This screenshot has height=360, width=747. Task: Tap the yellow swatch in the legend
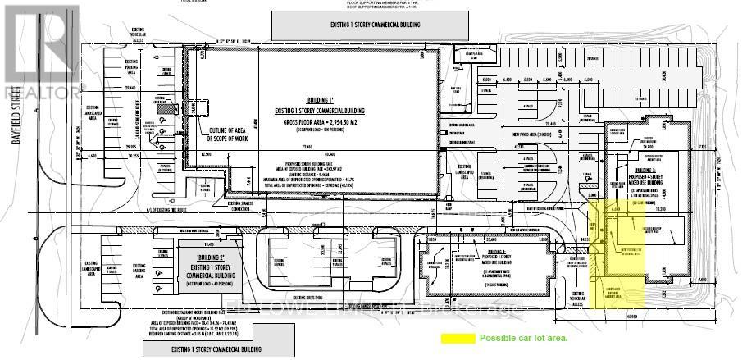458,338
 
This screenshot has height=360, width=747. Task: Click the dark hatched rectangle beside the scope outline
166,108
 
